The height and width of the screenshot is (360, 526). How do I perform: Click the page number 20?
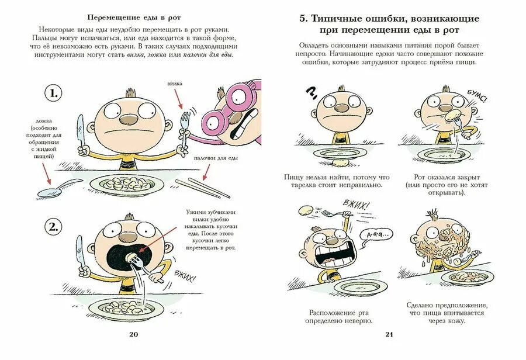point(133,334)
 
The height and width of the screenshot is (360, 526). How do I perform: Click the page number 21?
point(390,334)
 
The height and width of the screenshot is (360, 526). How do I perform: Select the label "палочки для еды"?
point(216,158)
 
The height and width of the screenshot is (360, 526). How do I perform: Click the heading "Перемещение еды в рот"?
point(132,16)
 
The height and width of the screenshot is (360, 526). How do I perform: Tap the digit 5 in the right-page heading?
point(303,19)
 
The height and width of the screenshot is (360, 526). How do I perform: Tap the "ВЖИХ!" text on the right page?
point(357,205)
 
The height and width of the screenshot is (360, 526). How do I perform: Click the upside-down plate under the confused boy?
point(339,153)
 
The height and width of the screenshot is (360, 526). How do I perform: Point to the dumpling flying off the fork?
point(305,210)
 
